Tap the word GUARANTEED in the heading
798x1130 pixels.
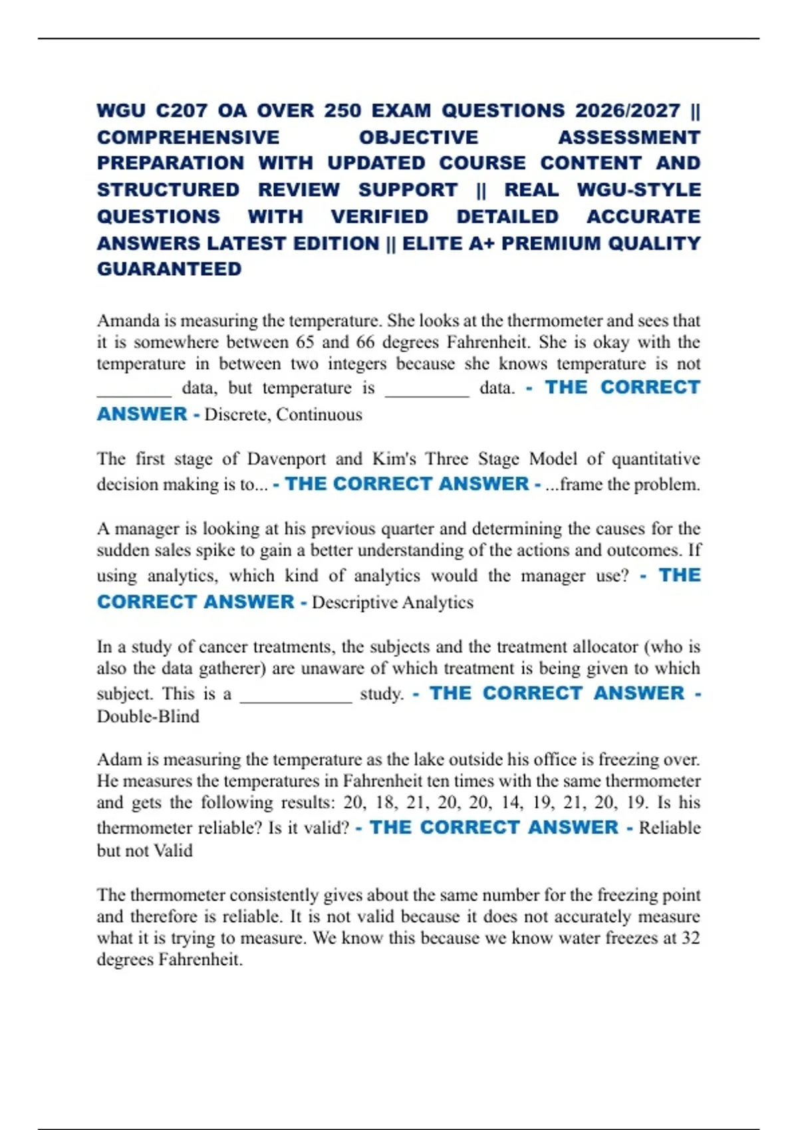click(169, 269)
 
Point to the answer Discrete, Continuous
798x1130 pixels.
click(283, 415)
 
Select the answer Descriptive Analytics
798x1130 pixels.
click(392, 602)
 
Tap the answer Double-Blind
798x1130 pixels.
click(148, 717)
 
